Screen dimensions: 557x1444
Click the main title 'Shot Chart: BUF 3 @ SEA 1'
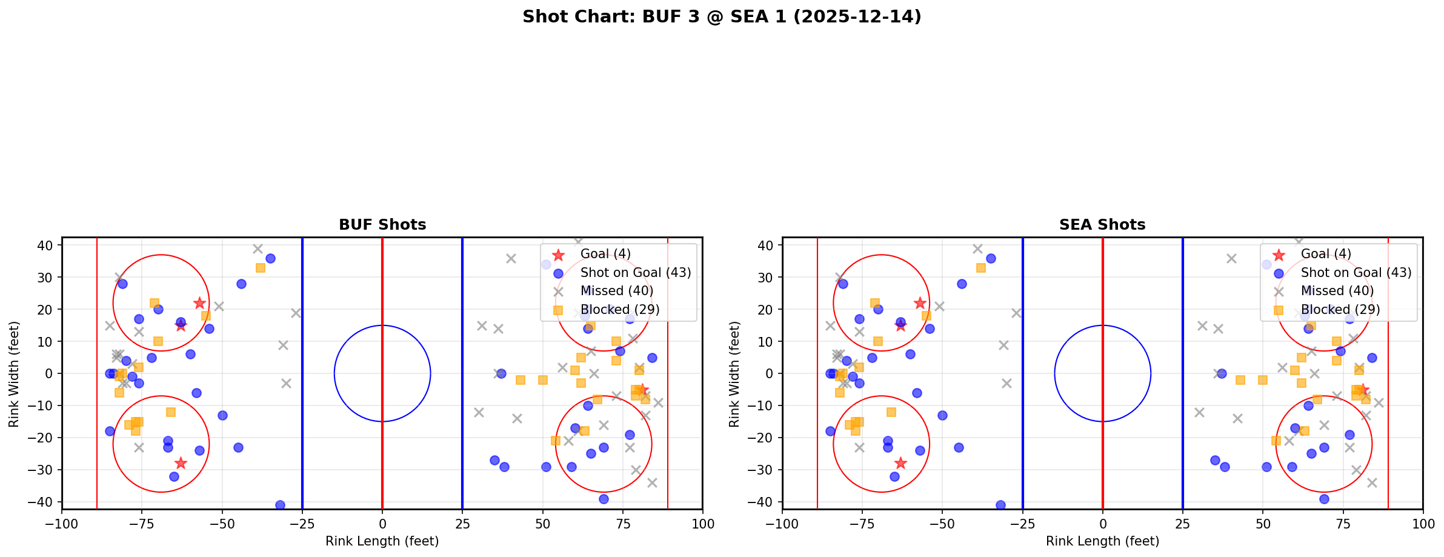721,17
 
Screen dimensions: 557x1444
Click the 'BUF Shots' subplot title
382,225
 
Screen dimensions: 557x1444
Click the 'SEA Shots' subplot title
1102,225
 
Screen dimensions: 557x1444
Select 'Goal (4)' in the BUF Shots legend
605,254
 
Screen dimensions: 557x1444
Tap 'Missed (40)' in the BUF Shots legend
616,291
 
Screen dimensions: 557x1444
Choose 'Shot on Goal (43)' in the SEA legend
1356,273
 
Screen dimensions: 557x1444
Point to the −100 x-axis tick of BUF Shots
62,524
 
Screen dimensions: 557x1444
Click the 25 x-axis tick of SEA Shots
1182,524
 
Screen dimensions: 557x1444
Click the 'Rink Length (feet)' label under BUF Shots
382,541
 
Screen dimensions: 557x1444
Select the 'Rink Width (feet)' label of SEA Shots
734,374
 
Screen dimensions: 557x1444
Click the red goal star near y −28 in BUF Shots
181,463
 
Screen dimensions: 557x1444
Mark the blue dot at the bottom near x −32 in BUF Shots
280,505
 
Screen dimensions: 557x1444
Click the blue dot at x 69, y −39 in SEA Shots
1324,499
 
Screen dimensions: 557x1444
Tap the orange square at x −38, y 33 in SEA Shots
980,267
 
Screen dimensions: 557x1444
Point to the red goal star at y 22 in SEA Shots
920,303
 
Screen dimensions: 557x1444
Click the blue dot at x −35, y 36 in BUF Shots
270,258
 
